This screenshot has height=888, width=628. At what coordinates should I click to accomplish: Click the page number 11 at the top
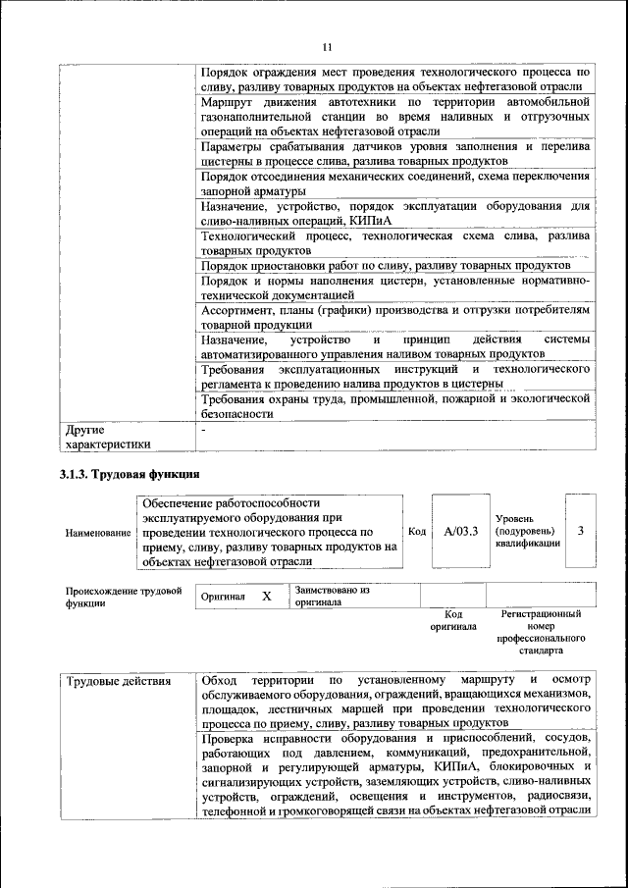pyautogui.click(x=327, y=46)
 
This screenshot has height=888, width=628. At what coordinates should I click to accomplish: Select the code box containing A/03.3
pyautogui.click(x=459, y=531)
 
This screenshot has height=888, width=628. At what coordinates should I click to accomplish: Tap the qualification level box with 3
pyautogui.click(x=581, y=531)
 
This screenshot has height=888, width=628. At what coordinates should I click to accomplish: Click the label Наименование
pyautogui.click(x=98, y=532)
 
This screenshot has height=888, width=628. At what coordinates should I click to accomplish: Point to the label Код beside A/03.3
pyautogui.click(x=416, y=531)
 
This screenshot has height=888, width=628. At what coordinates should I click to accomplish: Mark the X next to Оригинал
pyautogui.click(x=266, y=596)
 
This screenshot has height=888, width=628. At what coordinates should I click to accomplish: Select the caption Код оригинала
pyautogui.click(x=453, y=619)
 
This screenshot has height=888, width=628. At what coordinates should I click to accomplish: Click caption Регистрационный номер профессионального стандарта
pyautogui.click(x=541, y=631)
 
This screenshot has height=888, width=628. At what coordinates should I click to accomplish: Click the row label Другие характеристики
pyautogui.click(x=108, y=437)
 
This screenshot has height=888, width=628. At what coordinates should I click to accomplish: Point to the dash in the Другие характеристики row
pyautogui.click(x=203, y=430)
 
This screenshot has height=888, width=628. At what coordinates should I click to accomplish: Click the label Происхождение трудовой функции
pyautogui.click(x=124, y=597)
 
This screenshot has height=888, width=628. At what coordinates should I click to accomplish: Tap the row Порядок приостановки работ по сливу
pyautogui.click(x=385, y=266)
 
